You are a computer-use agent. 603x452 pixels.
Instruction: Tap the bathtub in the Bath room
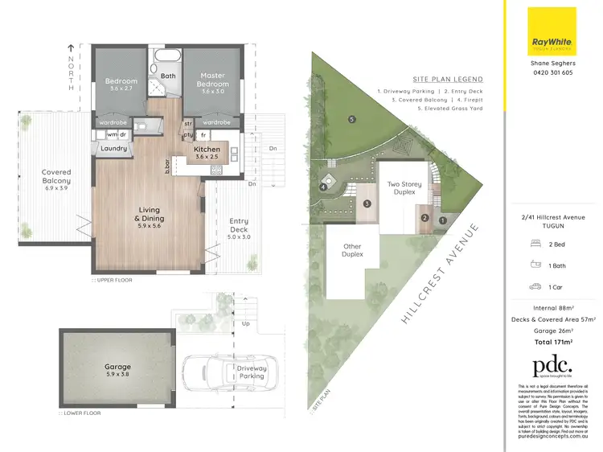(x=169, y=59)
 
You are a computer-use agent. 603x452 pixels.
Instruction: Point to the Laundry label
(x=114, y=148)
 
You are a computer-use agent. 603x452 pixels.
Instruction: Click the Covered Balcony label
(x=56, y=176)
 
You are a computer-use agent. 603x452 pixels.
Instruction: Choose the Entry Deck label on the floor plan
(x=239, y=225)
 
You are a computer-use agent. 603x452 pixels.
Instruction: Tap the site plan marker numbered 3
(x=367, y=203)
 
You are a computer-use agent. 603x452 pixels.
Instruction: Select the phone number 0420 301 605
(x=552, y=72)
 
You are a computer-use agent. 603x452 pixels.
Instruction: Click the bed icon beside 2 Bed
(x=534, y=244)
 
